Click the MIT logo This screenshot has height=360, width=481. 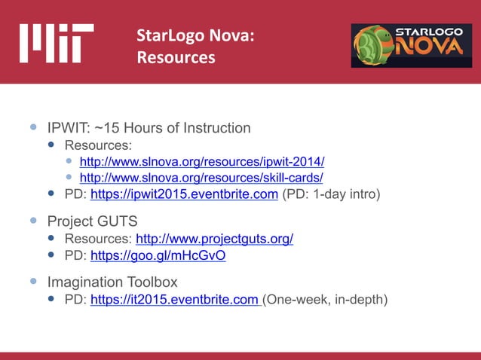(57, 43)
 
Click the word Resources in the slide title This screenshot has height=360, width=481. (176, 58)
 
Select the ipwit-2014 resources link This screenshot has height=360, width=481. (201, 162)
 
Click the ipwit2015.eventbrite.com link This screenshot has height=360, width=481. (184, 194)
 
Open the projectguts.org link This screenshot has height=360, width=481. (214, 239)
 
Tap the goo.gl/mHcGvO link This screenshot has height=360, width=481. (158, 255)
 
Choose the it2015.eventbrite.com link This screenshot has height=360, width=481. (176, 301)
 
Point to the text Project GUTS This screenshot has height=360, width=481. (92, 221)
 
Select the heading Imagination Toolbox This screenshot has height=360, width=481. (112, 282)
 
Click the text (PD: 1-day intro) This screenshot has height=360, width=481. (331, 194)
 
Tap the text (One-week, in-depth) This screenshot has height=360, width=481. (325, 301)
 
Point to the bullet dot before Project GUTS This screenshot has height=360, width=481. (33, 221)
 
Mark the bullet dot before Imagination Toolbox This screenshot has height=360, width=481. (33, 282)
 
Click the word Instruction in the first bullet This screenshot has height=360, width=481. (217, 128)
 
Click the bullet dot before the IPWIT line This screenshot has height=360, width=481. (33, 128)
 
